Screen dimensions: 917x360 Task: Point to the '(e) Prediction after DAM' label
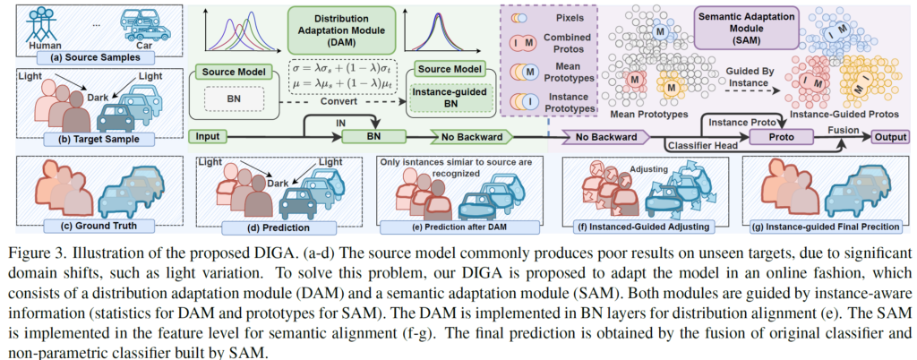(460, 227)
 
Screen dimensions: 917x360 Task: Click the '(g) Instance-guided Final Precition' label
(825, 227)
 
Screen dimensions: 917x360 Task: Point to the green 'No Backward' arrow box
(471, 137)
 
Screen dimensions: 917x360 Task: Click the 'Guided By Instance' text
(750, 77)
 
